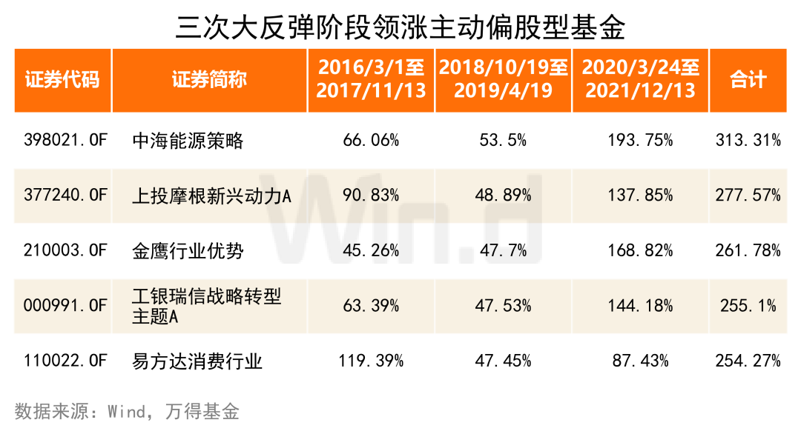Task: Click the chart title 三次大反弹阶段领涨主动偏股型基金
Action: coord(400,27)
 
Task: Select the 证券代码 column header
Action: coord(62,80)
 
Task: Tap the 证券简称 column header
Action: coord(209,80)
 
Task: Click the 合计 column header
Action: coord(748,80)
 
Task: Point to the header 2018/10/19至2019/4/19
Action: coord(504,80)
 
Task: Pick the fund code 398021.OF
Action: coord(66,140)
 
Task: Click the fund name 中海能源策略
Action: coord(187,140)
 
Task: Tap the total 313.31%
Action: coord(748,140)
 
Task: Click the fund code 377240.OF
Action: coord(66,196)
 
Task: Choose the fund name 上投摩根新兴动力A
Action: coord(211,196)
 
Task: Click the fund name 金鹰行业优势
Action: coord(187,251)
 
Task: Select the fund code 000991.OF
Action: coord(66,306)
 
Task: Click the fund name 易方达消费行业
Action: coord(197,361)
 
